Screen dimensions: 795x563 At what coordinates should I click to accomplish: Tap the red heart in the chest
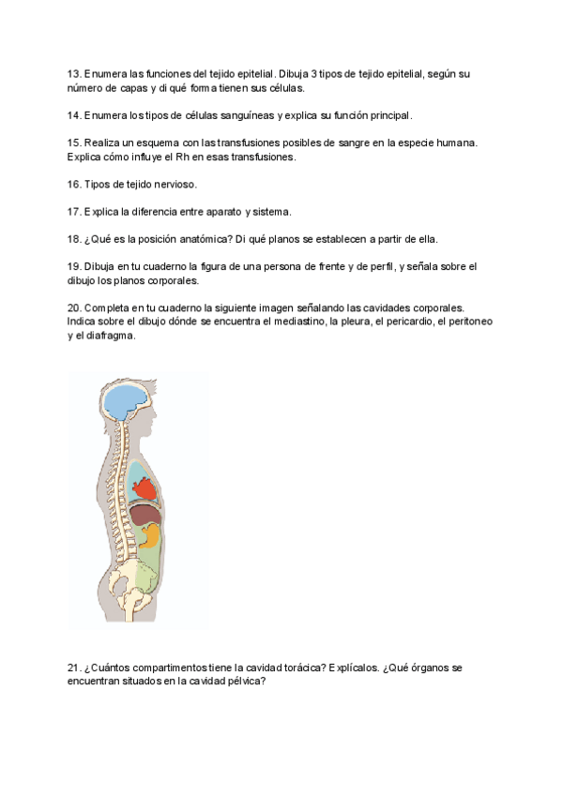click(144, 487)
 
